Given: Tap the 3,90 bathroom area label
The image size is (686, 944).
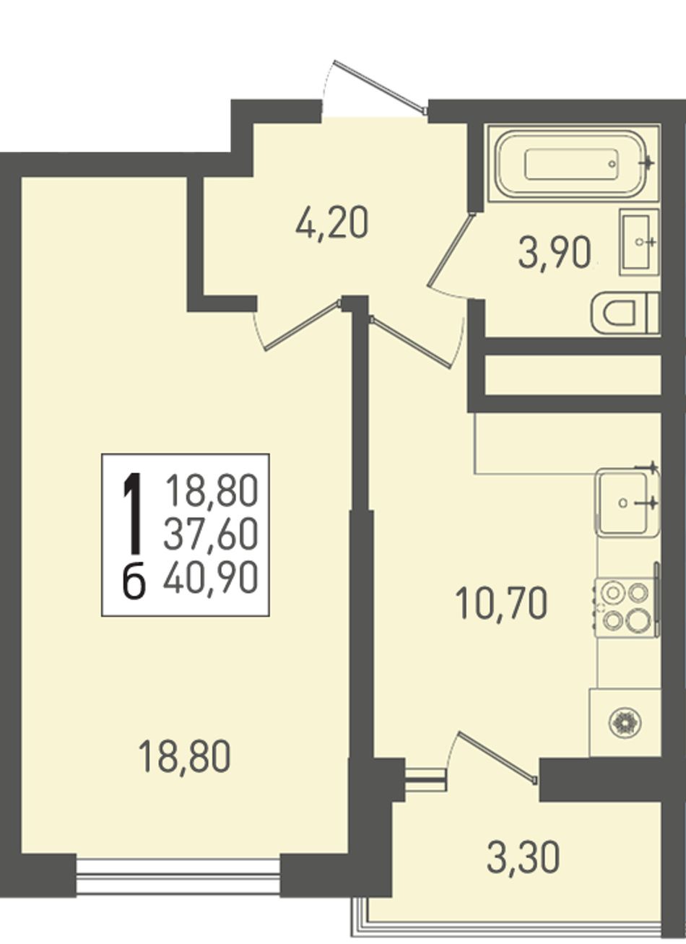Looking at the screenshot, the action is point(554,254).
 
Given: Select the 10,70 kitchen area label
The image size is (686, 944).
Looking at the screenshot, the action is point(501,604).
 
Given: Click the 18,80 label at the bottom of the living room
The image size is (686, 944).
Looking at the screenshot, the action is point(186,758).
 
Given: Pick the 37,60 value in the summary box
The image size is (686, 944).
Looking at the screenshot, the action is point(211,534).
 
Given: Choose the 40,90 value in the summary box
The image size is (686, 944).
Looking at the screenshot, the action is point(211,576).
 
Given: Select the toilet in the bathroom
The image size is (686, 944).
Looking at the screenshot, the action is point(625,313).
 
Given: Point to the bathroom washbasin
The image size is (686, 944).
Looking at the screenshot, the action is point(639,243).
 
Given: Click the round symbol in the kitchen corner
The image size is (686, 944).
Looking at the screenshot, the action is point(626,723).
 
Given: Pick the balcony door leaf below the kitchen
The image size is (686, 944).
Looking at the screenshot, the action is point(498,757).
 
